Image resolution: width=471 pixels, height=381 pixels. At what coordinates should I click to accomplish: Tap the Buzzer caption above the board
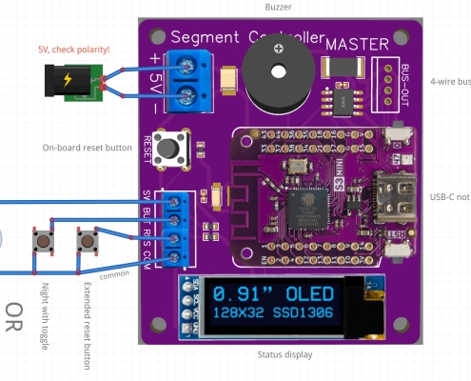pyautogui.click(x=278, y=7)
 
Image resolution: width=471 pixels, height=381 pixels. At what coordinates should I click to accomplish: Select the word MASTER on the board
pyautogui.click(x=357, y=44)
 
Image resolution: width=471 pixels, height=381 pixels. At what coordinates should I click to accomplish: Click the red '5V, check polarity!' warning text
pyautogui.click(x=74, y=49)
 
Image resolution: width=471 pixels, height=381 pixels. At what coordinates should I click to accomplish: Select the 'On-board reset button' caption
pyautogui.click(x=88, y=148)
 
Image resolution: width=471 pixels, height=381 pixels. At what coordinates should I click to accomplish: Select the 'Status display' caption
pyautogui.click(x=285, y=355)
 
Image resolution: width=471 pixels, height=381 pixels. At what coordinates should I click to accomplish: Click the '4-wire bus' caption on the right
pyautogui.click(x=449, y=82)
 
